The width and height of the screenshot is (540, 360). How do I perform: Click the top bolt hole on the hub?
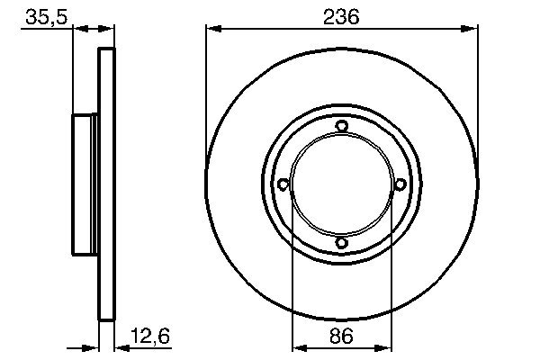click(341, 127)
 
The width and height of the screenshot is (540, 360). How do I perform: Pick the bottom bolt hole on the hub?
click(341, 242)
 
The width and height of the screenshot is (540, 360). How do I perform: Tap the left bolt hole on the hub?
click(283, 184)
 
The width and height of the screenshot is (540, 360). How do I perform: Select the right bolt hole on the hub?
click(399, 184)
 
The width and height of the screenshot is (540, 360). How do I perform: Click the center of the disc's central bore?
click(341, 184)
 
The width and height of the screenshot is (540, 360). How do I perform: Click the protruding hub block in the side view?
click(85, 184)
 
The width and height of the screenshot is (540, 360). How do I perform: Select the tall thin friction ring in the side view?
click(106, 184)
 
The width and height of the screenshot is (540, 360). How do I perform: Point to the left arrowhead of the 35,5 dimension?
click(76, 29)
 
